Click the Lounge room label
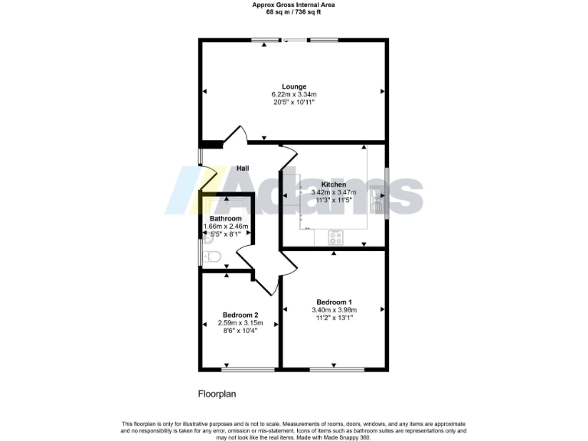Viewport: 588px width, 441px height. pyautogui.click(x=293, y=87)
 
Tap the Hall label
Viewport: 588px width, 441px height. pyautogui.click(x=243, y=168)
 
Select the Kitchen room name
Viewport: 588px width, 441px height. pyautogui.click(x=333, y=185)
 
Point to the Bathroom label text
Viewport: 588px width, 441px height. pyautogui.click(x=225, y=219)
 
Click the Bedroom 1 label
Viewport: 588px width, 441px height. pyautogui.click(x=332, y=302)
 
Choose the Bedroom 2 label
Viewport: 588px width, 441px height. pyautogui.click(x=240, y=315)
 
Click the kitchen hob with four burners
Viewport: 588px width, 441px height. pyautogui.click(x=335, y=238)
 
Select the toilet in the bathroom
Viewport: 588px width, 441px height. pyautogui.click(x=212, y=256)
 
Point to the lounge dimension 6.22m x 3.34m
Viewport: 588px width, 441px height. pyautogui.click(x=293, y=94)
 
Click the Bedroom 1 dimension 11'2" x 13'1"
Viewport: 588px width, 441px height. pyautogui.click(x=332, y=318)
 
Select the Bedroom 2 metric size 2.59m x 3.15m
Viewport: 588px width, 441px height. pyautogui.click(x=240, y=323)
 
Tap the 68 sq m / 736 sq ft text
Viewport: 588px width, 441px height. pyautogui.click(x=293, y=11)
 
